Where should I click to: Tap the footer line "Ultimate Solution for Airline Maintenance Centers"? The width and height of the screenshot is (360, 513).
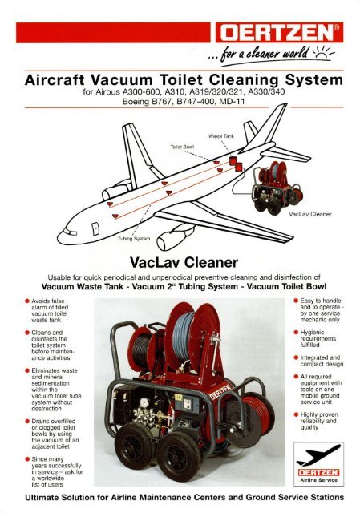[x=180, y=503]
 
